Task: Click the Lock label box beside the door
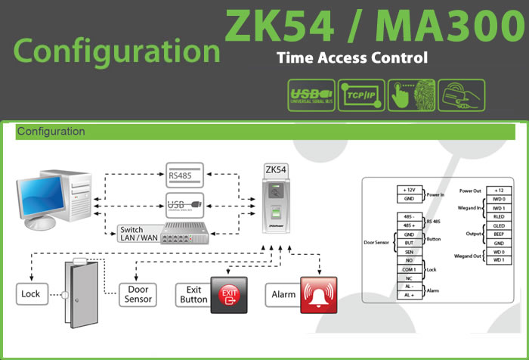(32, 294)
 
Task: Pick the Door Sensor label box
(137, 294)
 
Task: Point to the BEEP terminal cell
(499, 234)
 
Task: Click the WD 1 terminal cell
(499, 261)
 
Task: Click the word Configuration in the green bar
(51, 132)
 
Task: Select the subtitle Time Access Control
(352, 57)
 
